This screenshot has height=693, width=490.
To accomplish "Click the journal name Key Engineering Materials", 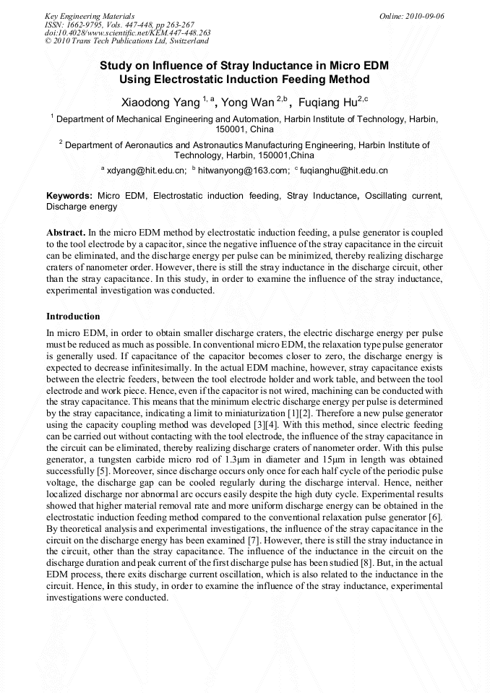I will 90,16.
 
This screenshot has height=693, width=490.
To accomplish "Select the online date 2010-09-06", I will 425,16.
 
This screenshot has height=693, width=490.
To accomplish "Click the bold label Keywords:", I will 69,196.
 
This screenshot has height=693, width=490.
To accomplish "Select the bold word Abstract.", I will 65,233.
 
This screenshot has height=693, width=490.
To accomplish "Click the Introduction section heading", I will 73,317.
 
